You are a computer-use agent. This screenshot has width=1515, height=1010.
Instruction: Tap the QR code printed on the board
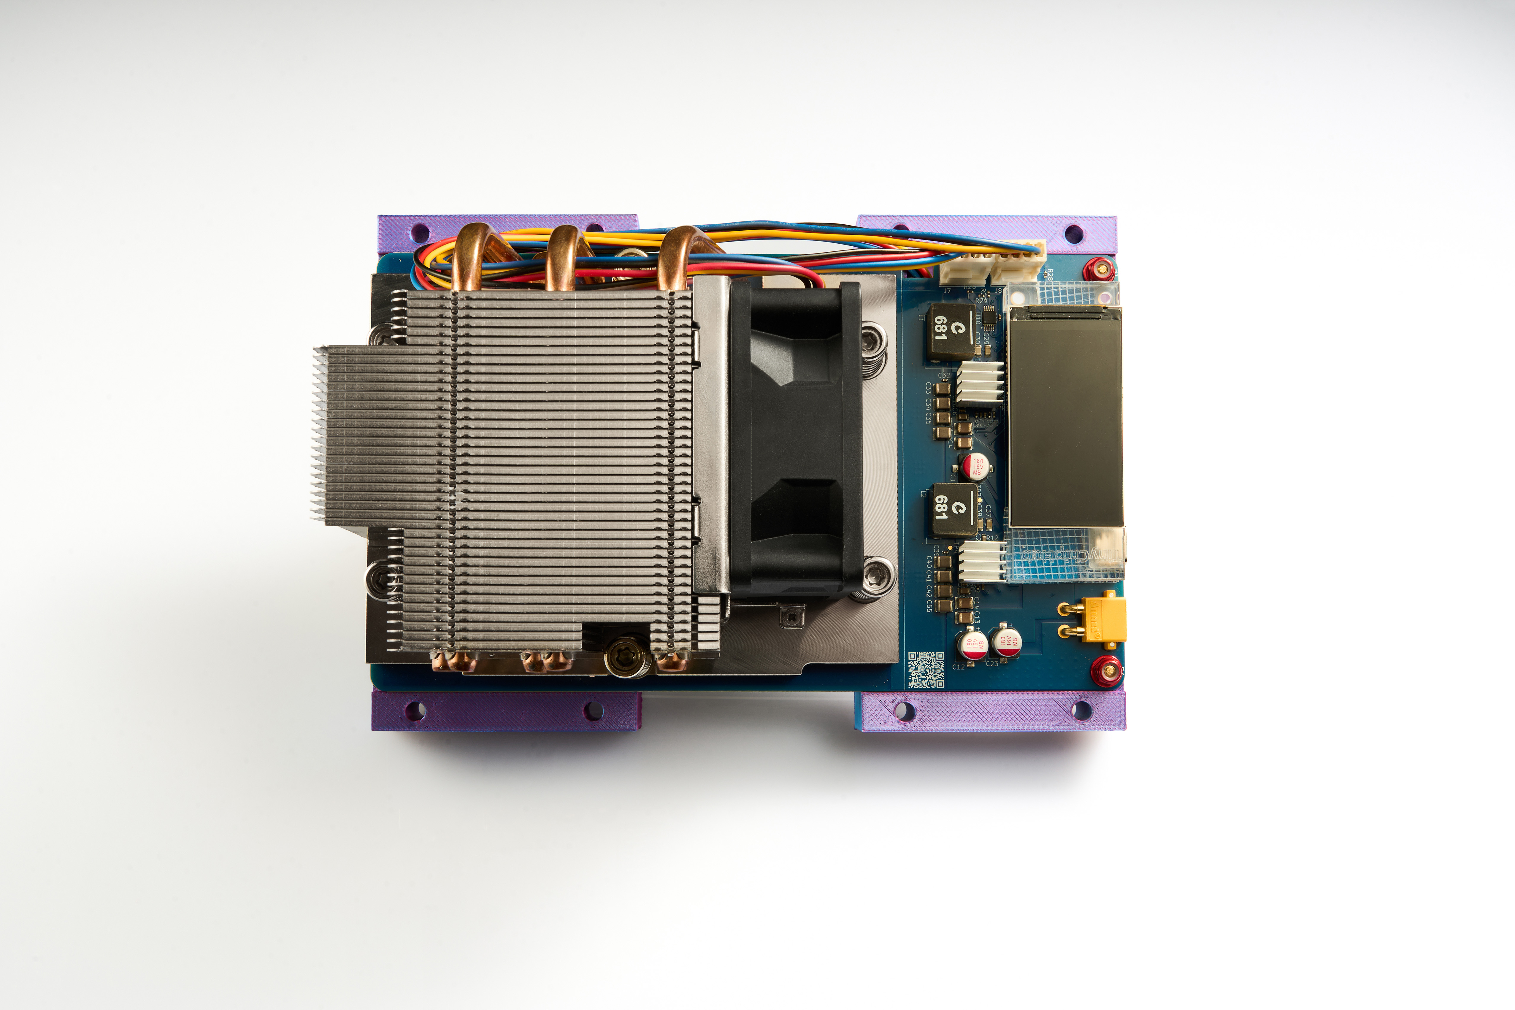point(926,670)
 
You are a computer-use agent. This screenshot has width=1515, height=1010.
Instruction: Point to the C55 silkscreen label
point(929,605)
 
